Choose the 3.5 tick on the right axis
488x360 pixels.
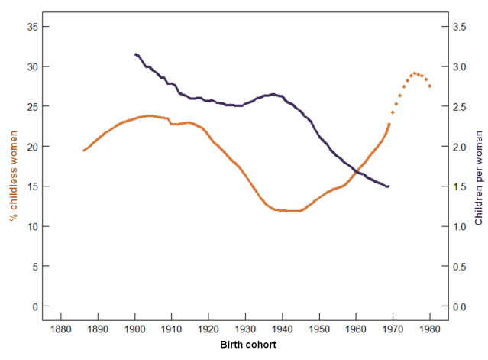[461, 27]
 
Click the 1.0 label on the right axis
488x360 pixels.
[461, 227]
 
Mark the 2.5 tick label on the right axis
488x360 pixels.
[461, 107]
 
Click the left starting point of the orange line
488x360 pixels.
[83, 151]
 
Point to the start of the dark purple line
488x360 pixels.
[135, 54]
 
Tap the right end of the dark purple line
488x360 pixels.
[389, 186]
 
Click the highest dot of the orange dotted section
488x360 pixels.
[415, 73]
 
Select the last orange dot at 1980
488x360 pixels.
[430, 86]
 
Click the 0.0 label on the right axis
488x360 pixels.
[461, 306]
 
